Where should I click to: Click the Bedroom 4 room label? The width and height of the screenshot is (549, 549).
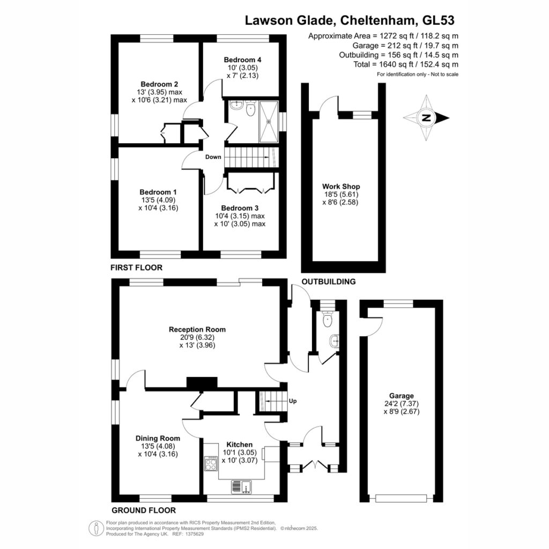[242, 60]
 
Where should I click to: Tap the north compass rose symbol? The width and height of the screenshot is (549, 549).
[426, 118]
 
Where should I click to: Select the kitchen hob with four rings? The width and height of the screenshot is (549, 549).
[211, 464]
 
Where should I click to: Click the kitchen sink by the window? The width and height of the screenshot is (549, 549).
[242, 487]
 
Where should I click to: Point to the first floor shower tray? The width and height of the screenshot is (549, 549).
[269, 122]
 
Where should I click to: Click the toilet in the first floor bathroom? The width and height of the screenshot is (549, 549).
[251, 109]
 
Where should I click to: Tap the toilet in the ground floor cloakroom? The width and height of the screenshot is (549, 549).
[328, 318]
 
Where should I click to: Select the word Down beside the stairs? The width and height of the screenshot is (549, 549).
[213, 157]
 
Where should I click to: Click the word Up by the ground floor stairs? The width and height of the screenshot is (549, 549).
[293, 401]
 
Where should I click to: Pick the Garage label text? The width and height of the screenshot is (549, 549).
[401, 396]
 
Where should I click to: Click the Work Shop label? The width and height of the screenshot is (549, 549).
[341, 187]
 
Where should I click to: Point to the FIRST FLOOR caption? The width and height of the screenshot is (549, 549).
[137, 268]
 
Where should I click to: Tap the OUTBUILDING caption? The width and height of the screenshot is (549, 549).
[329, 281]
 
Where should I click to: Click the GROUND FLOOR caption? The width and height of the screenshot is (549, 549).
[144, 510]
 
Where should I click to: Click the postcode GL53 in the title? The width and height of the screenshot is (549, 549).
[439, 20]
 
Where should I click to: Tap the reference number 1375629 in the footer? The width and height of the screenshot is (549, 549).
[194, 534]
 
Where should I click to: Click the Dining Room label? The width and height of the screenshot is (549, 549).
[158, 439]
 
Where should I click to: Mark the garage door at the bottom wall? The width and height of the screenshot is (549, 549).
[401, 498]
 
